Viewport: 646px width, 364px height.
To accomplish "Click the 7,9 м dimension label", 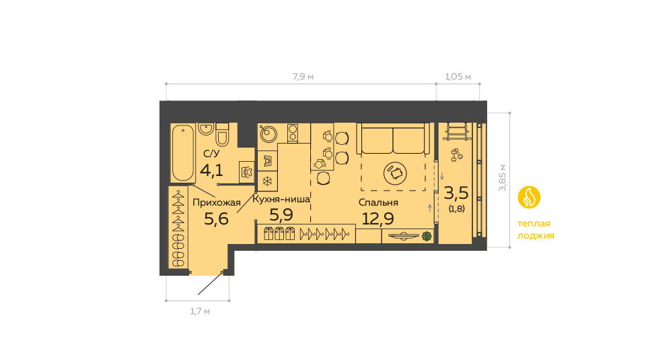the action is click(303, 77).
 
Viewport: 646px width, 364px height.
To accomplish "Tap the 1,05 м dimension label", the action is click(458, 77).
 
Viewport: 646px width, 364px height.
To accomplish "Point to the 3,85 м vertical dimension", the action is click(502, 177).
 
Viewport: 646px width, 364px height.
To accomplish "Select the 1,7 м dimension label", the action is click(200, 311).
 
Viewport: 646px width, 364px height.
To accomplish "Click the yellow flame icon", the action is click(529, 198).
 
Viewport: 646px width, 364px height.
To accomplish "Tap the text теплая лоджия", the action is click(536, 229).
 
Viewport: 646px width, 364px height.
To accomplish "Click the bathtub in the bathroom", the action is click(183, 153).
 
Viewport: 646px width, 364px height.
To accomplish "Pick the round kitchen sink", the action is click(268, 133).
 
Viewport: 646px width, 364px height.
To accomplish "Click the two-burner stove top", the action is click(293, 133).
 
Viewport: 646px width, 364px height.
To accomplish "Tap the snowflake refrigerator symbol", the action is click(267, 181).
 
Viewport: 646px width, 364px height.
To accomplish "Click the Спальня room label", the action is click(378, 202).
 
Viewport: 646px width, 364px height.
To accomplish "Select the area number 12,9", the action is click(378, 218).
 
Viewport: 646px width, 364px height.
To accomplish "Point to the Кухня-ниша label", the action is click(281, 200).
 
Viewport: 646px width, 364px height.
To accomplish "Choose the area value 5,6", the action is click(216, 218).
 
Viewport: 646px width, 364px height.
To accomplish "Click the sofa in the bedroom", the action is click(393, 139).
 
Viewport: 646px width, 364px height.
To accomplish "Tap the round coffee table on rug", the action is click(395, 173).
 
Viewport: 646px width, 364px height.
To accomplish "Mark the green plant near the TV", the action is click(427, 236).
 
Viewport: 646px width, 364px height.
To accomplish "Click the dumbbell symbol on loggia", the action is click(456, 155).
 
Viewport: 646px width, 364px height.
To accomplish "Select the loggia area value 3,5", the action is click(456, 193).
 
